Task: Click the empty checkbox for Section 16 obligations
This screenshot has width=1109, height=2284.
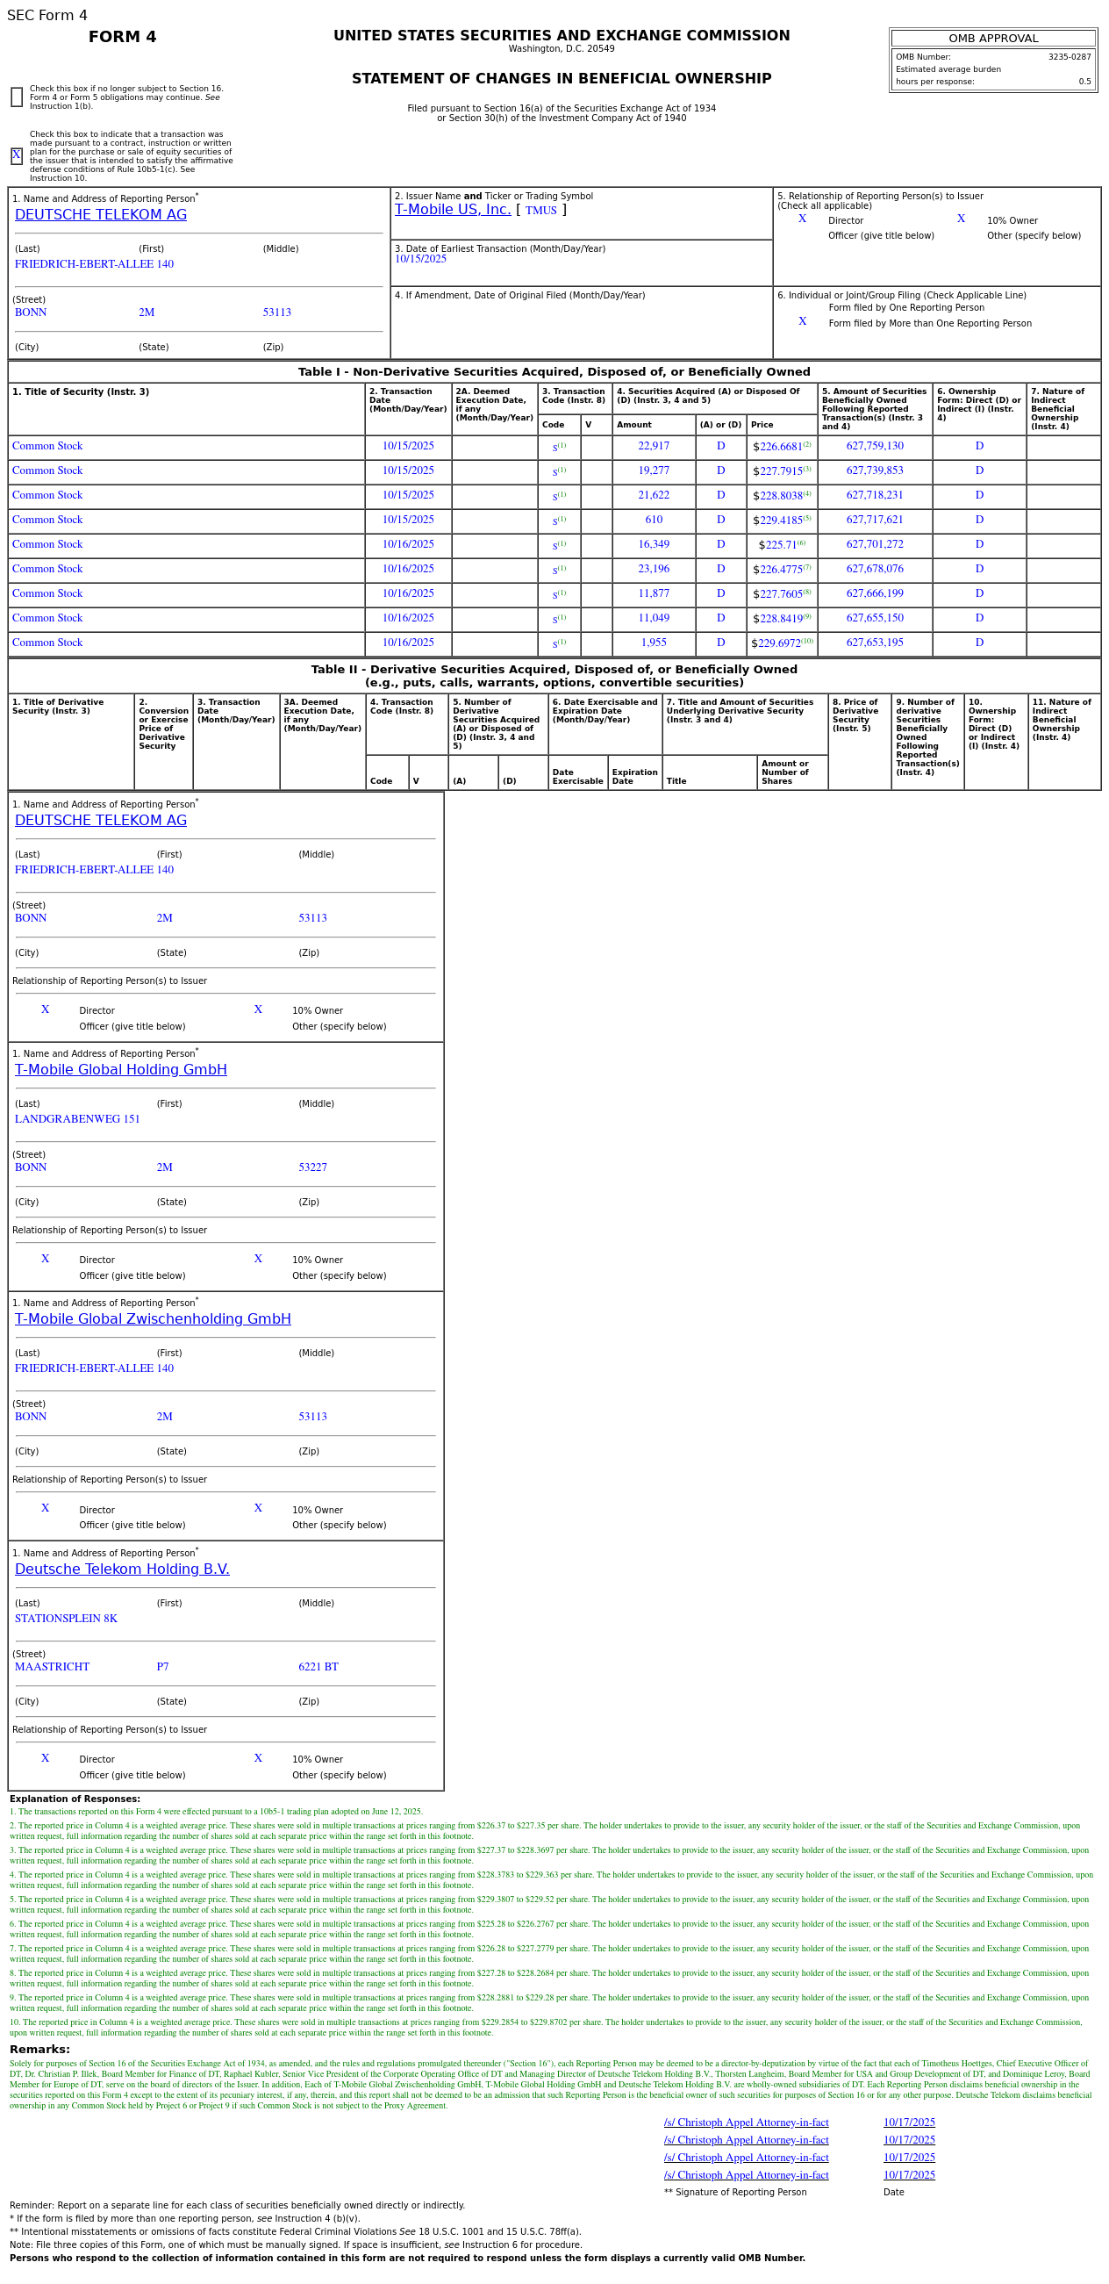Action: pos(17,97)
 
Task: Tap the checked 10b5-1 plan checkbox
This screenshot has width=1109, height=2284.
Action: pos(17,156)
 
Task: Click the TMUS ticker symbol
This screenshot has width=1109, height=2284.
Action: pos(540,211)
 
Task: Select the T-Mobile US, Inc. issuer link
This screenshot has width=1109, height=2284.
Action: pos(452,210)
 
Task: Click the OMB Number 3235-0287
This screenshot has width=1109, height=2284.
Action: pos(1070,58)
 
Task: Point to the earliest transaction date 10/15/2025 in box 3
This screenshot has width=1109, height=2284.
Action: pos(420,260)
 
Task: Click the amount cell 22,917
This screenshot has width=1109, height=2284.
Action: pos(654,447)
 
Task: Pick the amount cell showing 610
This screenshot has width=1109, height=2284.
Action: pos(654,521)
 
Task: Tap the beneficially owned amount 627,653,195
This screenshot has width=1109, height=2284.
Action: pos(874,643)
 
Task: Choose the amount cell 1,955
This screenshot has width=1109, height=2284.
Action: pos(654,643)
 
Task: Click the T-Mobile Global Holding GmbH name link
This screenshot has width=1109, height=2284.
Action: pos(120,1070)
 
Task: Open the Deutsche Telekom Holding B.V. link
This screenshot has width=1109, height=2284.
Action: pos(121,1569)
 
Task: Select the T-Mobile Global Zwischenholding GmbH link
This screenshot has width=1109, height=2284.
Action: pos(153,1319)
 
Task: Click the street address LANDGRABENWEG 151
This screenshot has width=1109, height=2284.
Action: pos(77,1120)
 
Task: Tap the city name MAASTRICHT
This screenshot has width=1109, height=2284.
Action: pos(52,1668)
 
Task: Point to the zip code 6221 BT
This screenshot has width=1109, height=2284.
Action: pos(318,1668)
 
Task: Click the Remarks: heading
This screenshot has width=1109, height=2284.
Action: pos(39,2050)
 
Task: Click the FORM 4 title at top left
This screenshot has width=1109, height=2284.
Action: pos(122,37)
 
